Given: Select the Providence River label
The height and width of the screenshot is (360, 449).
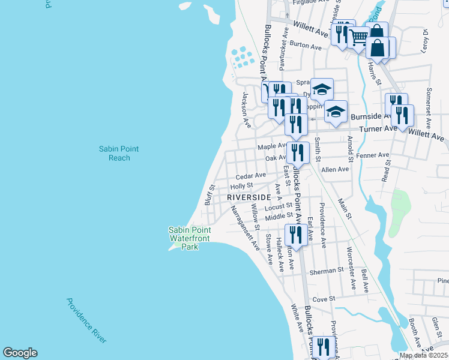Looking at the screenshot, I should click(86, 321).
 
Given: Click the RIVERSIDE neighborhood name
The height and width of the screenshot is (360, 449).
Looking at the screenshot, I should click(249, 197).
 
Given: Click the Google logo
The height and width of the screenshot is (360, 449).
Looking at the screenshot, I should click(20, 353).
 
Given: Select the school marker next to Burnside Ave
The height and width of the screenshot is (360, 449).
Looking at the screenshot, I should click(336, 112).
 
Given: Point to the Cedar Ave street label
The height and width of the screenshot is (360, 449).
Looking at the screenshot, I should click(250, 176).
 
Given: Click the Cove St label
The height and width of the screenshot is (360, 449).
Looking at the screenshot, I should click(323, 298).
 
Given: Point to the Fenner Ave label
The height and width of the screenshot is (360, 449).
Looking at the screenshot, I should click(372, 155).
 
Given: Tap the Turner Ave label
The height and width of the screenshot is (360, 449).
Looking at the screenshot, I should click(378, 129).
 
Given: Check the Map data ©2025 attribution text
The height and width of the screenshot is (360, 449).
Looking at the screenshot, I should click(423, 355).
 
